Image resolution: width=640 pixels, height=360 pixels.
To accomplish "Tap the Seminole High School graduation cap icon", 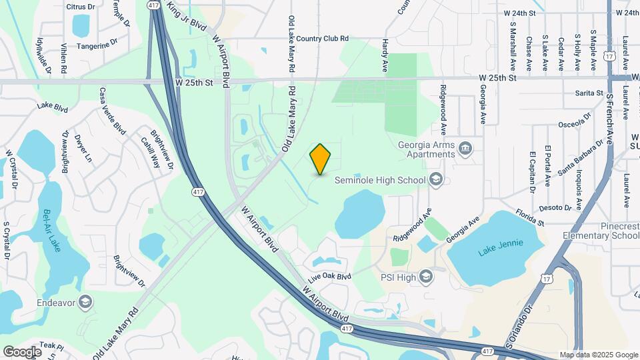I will coord(435,179).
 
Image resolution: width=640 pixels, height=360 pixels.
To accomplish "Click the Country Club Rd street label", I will coord(323,39).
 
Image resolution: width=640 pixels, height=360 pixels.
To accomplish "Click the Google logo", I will coord(22,351).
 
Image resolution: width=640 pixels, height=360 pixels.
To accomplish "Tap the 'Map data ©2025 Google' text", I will coord(598,355).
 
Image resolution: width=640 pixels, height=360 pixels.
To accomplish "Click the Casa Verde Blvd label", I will coord(112,111).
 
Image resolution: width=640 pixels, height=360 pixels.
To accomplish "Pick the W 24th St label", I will coord(520,13).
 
